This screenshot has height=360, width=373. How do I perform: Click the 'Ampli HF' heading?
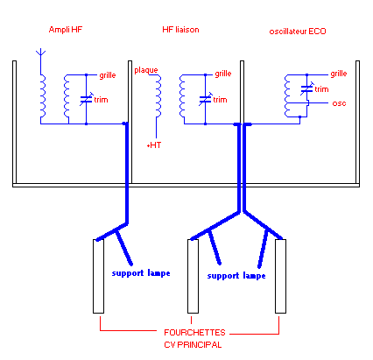66,30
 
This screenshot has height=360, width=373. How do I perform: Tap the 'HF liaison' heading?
180,30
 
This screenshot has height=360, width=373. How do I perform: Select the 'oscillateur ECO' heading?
298,32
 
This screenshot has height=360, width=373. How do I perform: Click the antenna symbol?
40,53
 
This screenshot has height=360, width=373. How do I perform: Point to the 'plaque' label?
146,70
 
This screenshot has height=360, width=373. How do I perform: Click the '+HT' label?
154,145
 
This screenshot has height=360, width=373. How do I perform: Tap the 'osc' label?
339,103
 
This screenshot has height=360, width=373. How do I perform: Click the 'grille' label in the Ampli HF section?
108,75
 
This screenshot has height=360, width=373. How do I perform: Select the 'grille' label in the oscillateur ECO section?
339,74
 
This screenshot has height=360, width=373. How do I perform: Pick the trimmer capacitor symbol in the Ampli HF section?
87,99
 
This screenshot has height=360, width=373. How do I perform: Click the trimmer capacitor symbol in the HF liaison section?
206,99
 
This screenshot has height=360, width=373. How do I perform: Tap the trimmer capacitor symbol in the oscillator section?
307,88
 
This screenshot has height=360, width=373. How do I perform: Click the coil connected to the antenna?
43,95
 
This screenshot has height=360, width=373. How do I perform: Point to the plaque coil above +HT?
158,95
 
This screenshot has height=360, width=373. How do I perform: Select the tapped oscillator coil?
287,95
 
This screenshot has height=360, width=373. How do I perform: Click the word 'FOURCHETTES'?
194,333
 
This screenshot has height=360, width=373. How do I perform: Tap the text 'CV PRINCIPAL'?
193,345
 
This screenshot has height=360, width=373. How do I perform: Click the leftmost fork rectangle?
98,276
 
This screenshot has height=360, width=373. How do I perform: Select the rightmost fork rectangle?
280,276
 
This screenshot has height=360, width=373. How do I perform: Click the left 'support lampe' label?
141,273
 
